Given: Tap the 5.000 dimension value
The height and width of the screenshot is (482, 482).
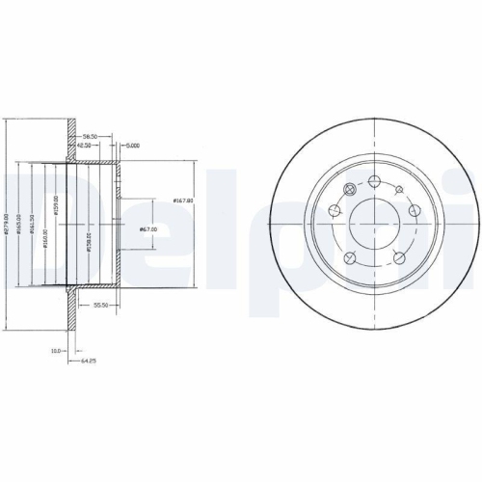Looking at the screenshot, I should (133, 147).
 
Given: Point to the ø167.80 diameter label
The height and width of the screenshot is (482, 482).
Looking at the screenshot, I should (184, 200).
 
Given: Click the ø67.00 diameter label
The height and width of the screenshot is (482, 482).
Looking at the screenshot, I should (149, 228).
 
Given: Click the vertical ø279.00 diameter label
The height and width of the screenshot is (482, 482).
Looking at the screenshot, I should (8, 227).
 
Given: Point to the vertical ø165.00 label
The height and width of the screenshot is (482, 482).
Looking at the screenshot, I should (20, 227).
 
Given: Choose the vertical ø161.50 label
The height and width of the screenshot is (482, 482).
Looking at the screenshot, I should (33, 227).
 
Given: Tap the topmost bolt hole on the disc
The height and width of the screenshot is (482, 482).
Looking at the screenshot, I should (373, 179).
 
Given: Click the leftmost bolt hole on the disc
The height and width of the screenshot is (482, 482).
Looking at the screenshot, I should (335, 210).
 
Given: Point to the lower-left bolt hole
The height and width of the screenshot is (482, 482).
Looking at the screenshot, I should (350, 255).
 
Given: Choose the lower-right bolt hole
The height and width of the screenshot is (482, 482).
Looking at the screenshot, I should (397, 255).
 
